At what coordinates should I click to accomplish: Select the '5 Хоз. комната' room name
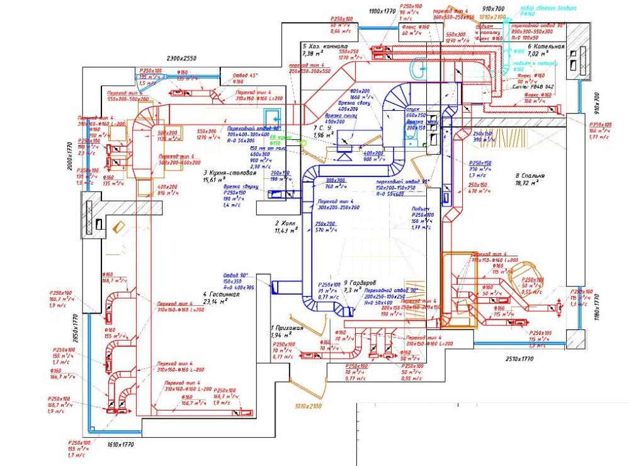[x=324, y=47]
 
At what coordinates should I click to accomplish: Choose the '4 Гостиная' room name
[x=222, y=294]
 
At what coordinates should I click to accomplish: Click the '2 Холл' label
[x=285, y=224]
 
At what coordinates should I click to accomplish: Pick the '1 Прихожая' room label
[x=287, y=327]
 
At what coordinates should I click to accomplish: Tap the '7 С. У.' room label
[x=324, y=128]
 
